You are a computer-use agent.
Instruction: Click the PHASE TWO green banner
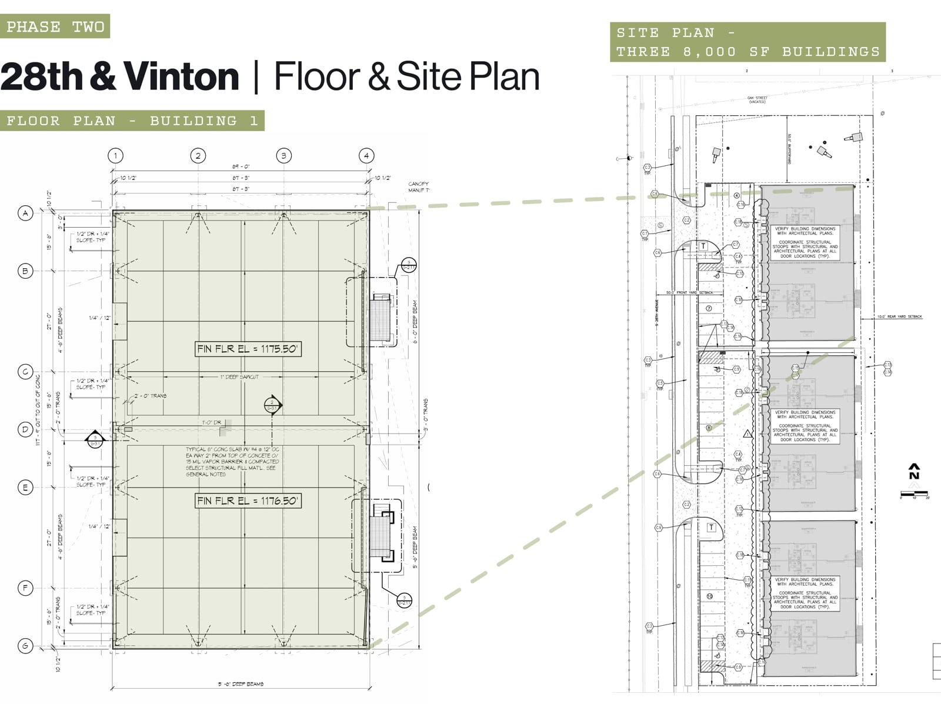coord(55,26)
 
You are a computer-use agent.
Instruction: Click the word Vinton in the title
coord(181,77)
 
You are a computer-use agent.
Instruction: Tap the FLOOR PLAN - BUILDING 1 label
coord(132,121)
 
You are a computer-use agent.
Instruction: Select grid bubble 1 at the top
coord(116,156)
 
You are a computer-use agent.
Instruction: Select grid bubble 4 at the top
coord(366,156)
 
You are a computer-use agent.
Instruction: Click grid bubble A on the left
coord(25,213)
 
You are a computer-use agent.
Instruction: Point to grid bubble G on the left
coord(25,646)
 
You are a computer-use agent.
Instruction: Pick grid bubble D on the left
coord(25,429)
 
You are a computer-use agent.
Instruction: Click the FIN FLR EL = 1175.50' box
coord(248,349)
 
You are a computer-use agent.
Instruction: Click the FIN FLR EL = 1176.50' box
coord(248,501)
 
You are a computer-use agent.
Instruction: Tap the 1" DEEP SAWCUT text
coord(239,377)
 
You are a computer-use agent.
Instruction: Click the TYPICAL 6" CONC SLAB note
coord(232,462)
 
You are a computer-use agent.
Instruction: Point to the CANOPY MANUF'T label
coord(419,187)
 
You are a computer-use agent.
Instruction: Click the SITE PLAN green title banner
coord(748,42)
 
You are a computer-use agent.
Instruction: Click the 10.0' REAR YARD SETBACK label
coord(899,317)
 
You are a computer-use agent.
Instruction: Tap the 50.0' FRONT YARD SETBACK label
coord(689,292)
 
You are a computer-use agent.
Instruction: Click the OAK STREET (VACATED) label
coord(757,100)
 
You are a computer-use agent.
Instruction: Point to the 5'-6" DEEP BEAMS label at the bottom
coord(241,684)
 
